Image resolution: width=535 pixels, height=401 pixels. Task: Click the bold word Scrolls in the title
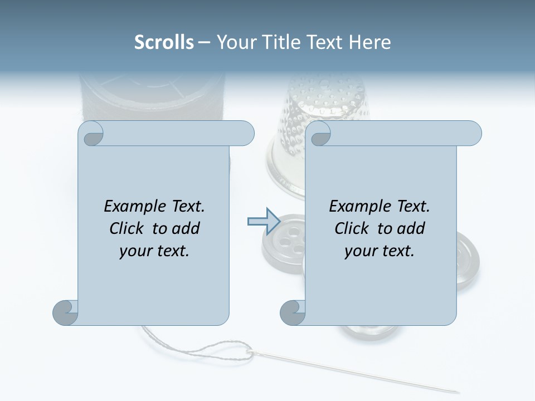pos(164,42)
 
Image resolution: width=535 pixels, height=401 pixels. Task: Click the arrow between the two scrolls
pos(263,221)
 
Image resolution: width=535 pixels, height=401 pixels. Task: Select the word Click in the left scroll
pos(128,228)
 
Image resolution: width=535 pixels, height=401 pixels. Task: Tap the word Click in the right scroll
pos(352,228)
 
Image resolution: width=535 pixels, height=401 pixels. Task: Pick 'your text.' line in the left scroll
pos(154,251)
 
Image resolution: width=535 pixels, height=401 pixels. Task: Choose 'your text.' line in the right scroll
pos(380,251)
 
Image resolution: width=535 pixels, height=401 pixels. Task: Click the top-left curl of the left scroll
pos(92,134)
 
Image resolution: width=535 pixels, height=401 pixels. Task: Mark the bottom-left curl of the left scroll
pos(65,312)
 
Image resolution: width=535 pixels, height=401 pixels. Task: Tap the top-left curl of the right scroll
pos(319,134)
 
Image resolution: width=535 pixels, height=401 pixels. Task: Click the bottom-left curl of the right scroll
pos(293,312)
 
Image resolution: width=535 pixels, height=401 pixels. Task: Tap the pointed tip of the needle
pos(459,392)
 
